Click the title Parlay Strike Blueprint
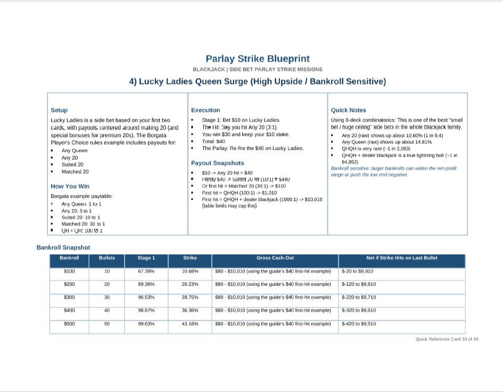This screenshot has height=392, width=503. (x=257, y=59)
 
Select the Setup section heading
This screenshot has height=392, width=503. (x=59, y=110)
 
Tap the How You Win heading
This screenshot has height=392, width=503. (x=70, y=186)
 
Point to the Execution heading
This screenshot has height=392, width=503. (x=205, y=110)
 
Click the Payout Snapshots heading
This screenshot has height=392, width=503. (x=217, y=164)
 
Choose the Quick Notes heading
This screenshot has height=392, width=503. (x=349, y=110)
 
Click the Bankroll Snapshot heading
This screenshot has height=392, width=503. (x=63, y=248)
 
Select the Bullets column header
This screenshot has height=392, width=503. (x=107, y=258)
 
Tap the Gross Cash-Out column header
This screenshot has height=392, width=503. (x=275, y=258)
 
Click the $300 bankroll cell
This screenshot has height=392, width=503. (x=69, y=297)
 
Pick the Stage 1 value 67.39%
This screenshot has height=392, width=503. (x=146, y=272)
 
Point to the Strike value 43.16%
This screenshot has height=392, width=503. (x=190, y=324)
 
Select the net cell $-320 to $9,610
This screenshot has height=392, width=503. (x=359, y=311)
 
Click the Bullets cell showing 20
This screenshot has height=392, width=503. (x=107, y=284)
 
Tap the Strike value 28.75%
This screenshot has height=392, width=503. (x=190, y=297)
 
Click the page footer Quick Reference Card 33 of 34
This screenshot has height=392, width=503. (x=447, y=339)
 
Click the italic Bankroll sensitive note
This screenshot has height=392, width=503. (x=393, y=171)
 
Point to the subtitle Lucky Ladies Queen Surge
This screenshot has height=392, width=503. (x=257, y=81)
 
